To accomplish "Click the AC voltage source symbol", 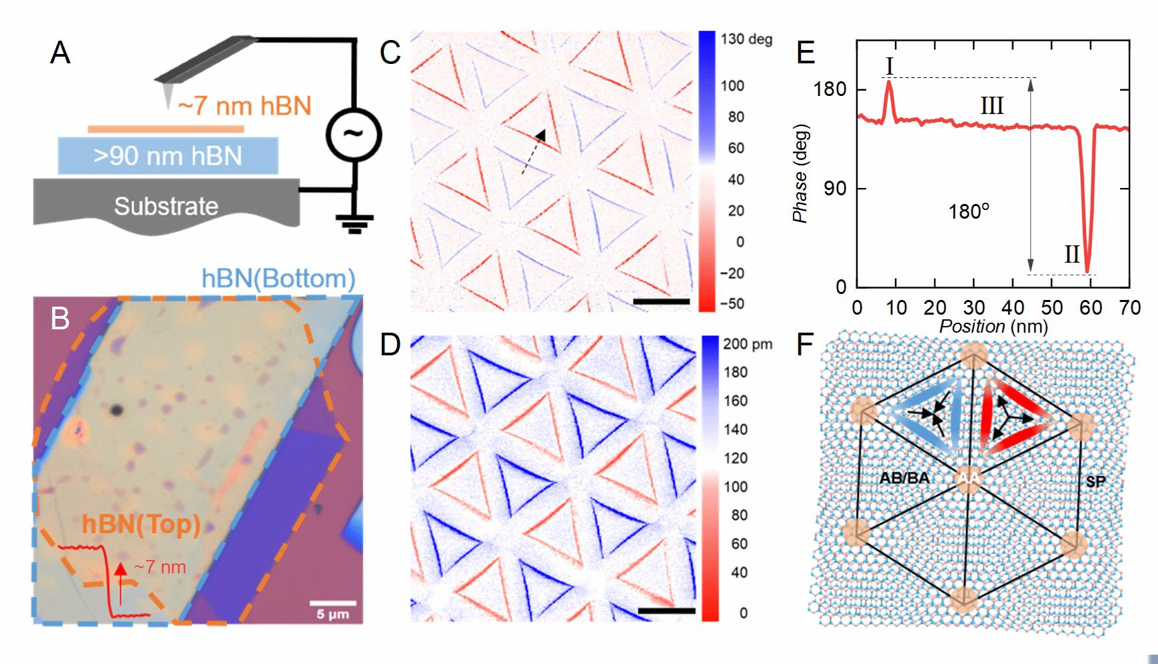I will [353, 135].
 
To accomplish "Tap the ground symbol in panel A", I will [354, 223].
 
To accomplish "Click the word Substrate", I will [166, 206].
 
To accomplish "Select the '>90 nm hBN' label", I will [167, 156].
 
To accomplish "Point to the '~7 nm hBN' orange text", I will [245, 106].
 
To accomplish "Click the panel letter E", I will [806, 52].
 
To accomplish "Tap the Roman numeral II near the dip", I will [1071, 254].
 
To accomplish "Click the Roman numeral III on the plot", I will [991, 106].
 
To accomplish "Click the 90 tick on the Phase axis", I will [835, 189].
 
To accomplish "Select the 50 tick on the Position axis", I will [1052, 308].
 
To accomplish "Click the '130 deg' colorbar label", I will [746, 39].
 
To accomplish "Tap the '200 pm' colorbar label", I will [748, 345].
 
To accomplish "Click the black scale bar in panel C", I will [661, 302].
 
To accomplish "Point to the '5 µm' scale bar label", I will [332, 614].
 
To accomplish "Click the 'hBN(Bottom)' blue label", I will [279, 279].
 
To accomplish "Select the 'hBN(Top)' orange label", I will [141, 525].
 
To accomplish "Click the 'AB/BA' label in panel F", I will [904, 478].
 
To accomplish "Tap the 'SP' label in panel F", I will [1095, 482].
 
